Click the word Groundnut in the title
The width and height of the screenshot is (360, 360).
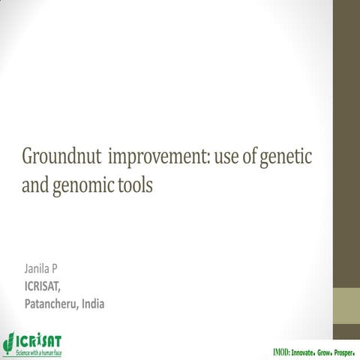tap(61, 159)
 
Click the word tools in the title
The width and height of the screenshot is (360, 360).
tap(134, 184)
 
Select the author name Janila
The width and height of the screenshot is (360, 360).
tap(38, 268)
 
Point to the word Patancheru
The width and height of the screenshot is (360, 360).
tap(52, 304)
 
